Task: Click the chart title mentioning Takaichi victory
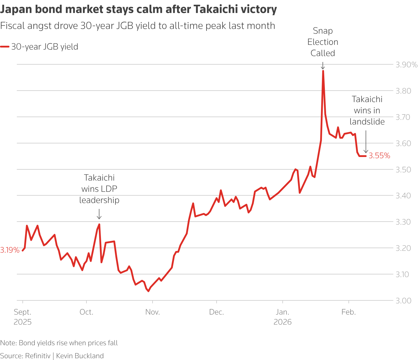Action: [x=138, y=9]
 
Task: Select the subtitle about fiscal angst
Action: [x=138, y=26]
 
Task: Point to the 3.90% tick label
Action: [x=406, y=65]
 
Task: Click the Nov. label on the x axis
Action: [x=153, y=312]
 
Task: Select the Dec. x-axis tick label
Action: [x=217, y=312]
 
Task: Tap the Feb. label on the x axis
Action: [x=349, y=312]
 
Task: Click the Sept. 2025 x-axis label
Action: [x=23, y=317]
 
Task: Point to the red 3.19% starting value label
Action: [x=10, y=250]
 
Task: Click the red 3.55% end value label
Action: [x=379, y=156]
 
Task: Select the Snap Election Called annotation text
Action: [x=323, y=42]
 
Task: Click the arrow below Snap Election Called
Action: [x=323, y=66]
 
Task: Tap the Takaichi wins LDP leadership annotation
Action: [x=99, y=189]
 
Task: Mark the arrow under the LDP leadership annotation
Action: [x=99, y=214]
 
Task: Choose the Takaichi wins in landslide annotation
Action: [x=367, y=110]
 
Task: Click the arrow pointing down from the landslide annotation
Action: [x=366, y=142]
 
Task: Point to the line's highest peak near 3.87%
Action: [x=323, y=71]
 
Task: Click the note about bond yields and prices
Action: [x=59, y=343]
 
